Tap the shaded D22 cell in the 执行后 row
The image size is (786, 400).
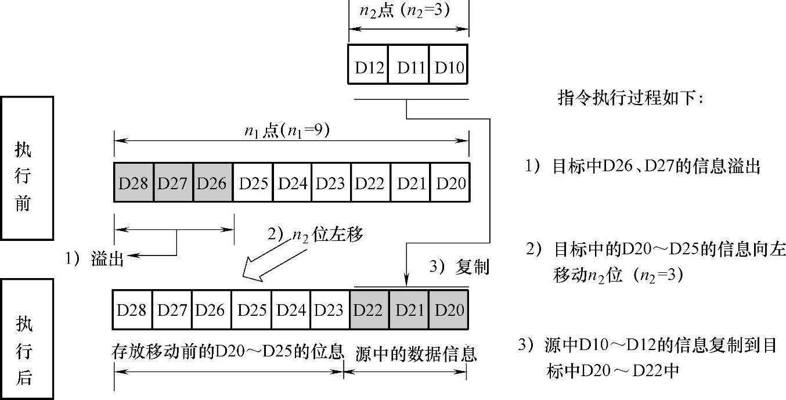(369, 309)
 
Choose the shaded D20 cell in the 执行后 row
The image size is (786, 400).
(449, 309)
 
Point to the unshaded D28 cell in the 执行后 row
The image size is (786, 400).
(132, 309)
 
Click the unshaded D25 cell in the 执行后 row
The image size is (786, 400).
(251, 309)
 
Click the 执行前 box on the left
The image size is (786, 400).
(27, 168)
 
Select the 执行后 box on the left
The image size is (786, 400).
(27, 339)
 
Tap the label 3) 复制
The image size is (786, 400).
(459, 266)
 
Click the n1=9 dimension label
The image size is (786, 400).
(287, 131)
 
